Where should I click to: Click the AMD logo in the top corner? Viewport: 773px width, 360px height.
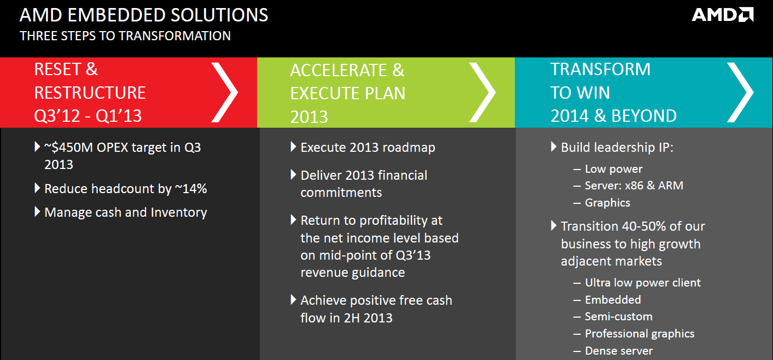pyautogui.click(x=723, y=14)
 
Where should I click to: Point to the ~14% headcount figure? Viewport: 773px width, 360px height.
pyautogui.click(x=191, y=189)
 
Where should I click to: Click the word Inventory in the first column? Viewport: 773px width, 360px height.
pyautogui.click(x=179, y=213)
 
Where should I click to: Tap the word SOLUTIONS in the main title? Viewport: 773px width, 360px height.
pyautogui.click(x=219, y=15)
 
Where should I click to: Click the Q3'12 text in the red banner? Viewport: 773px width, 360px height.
pyautogui.click(x=57, y=115)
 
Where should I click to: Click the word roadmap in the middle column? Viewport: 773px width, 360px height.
pyautogui.click(x=409, y=148)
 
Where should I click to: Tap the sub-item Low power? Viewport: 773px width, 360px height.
pyautogui.click(x=614, y=169)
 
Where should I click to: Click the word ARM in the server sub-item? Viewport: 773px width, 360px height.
pyautogui.click(x=670, y=186)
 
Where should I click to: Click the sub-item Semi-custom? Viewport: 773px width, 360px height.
pyautogui.click(x=618, y=317)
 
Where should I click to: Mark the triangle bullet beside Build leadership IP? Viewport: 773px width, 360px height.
pyautogui.click(x=553, y=146)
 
